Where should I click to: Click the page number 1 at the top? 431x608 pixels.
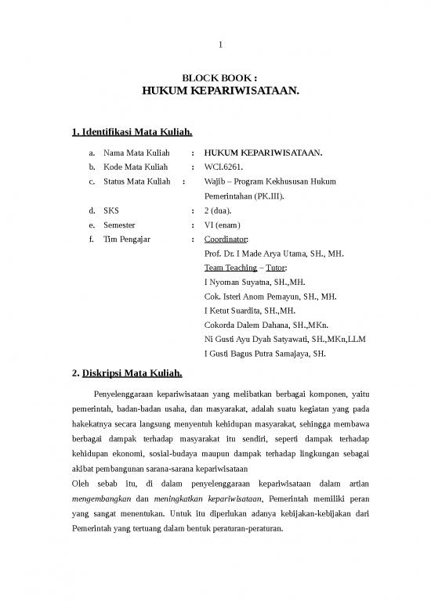220,43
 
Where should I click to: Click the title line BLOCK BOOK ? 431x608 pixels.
219,79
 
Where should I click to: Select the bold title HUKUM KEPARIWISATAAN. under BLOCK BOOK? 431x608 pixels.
220,92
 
